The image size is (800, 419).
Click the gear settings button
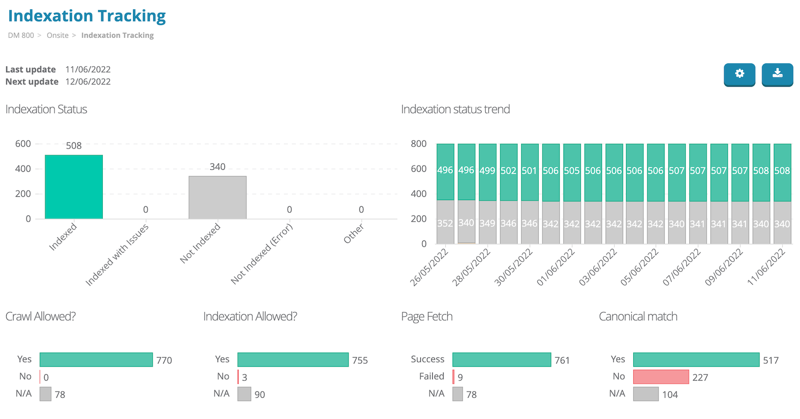739,74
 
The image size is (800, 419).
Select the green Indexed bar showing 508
74,187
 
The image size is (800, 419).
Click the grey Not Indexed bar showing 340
217,197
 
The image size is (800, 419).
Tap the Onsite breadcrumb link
58,35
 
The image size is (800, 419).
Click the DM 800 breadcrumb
21,35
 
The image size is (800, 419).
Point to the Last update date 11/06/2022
88,70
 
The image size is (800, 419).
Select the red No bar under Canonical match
661,377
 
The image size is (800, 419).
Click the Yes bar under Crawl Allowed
96,360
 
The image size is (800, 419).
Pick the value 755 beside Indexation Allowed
360,360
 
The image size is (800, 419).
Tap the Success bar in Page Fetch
501,359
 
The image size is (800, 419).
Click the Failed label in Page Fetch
432,376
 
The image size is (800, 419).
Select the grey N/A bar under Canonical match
646,394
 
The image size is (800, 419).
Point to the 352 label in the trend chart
445,223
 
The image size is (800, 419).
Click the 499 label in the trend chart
487,170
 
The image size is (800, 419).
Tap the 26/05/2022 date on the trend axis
430,268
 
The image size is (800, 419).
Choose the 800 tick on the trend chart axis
418,144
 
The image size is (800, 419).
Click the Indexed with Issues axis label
117,255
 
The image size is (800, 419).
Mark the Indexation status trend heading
455,110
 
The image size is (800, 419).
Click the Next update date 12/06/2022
88,82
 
